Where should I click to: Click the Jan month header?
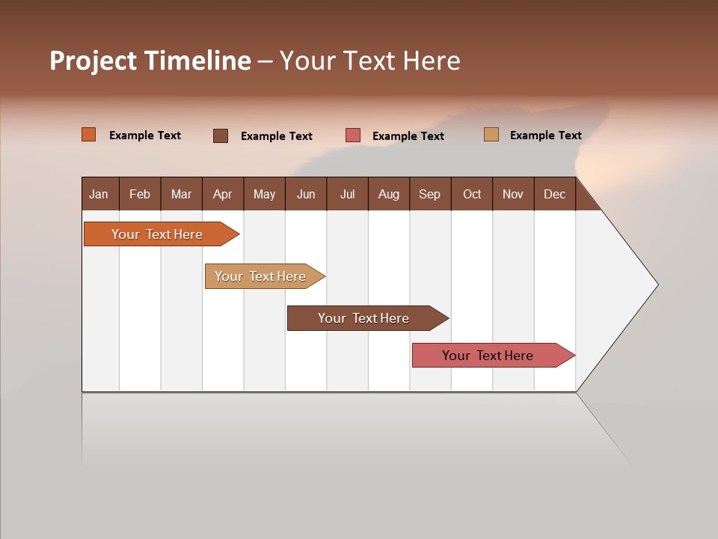tap(99, 194)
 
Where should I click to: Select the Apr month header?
tap(223, 194)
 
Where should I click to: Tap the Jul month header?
tap(347, 194)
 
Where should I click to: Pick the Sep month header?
tap(430, 194)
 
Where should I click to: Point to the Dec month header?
tap(554, 194)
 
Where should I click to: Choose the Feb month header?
tap(140, 194)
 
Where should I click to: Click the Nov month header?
tap(513, 194)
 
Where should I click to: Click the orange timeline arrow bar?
tap(157, 234)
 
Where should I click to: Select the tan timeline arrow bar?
tap(260, 276)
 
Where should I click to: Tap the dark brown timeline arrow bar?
tap(363, 318)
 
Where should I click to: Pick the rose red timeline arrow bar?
tap(488, 356)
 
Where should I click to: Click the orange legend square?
tap(88, 135)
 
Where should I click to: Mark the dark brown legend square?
tap(221, 135)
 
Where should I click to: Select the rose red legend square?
tap(353, 135)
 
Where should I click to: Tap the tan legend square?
tap(491, 135)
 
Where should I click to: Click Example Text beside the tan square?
tap(545, 135)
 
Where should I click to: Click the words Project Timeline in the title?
tap(150, 61)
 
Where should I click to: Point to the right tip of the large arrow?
tap(656, 284)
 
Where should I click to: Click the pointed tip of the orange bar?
tap(237, 234)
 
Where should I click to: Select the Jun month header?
tap(306, 194)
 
